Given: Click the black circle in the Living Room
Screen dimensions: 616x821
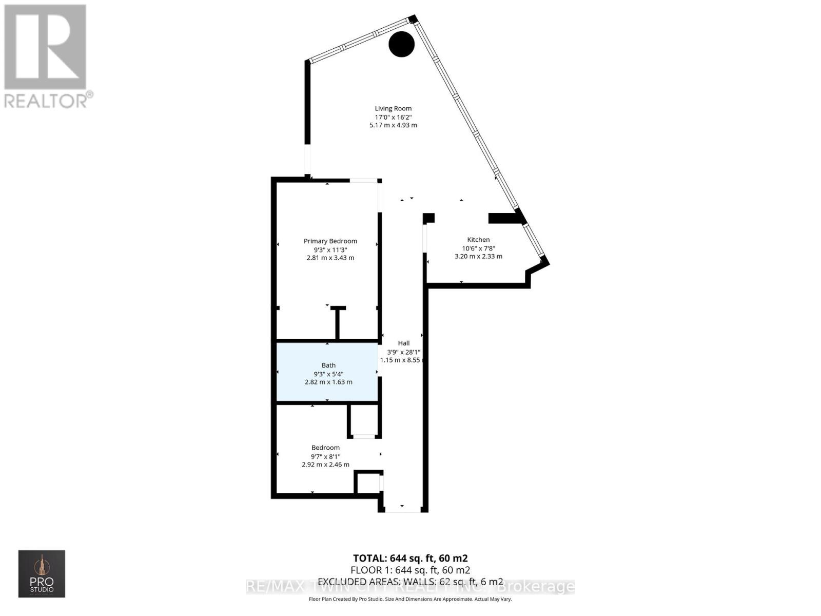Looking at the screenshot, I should point(401,44).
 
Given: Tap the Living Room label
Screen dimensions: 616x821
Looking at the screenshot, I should point(393,108).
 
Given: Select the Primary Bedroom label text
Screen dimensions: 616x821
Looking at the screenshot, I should point(330,241).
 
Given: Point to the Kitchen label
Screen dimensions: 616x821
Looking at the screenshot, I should point(478,239).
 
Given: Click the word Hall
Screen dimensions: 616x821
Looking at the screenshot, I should point(404,343).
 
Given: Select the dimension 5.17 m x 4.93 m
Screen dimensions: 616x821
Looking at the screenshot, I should point(393,125).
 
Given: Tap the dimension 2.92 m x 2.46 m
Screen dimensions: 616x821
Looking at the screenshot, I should point(325,465).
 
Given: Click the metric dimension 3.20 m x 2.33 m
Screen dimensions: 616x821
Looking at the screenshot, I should point(478,256).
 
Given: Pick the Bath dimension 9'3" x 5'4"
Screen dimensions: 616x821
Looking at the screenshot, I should point(328,374).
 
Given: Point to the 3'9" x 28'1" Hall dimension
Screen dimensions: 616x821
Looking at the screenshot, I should point(404,352).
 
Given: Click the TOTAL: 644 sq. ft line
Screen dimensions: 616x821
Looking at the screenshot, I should point(410,558).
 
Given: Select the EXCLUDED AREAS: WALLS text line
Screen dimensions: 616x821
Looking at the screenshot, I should point(410,582).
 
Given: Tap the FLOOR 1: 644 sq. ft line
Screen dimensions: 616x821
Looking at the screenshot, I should point(410,570).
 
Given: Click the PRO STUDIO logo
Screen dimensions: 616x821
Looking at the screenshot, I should point(42,573).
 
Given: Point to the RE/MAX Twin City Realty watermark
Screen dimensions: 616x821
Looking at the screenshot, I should point(411,587).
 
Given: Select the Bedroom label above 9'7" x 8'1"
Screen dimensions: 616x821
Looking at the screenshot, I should point(325,448).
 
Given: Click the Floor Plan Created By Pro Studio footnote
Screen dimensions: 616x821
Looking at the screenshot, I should point(410,599).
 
